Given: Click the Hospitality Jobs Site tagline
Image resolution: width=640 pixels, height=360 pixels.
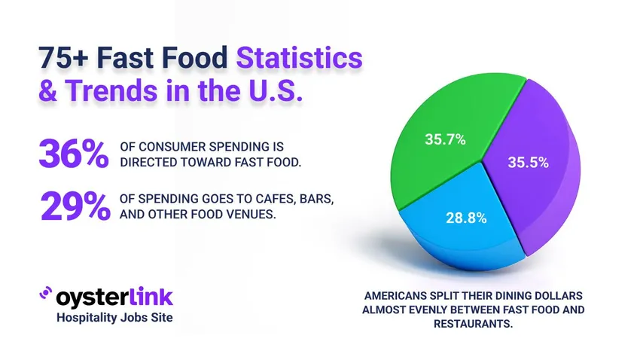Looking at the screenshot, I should coord(114,318).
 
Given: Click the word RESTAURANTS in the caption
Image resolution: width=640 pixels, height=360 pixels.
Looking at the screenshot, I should coord(471,323).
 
